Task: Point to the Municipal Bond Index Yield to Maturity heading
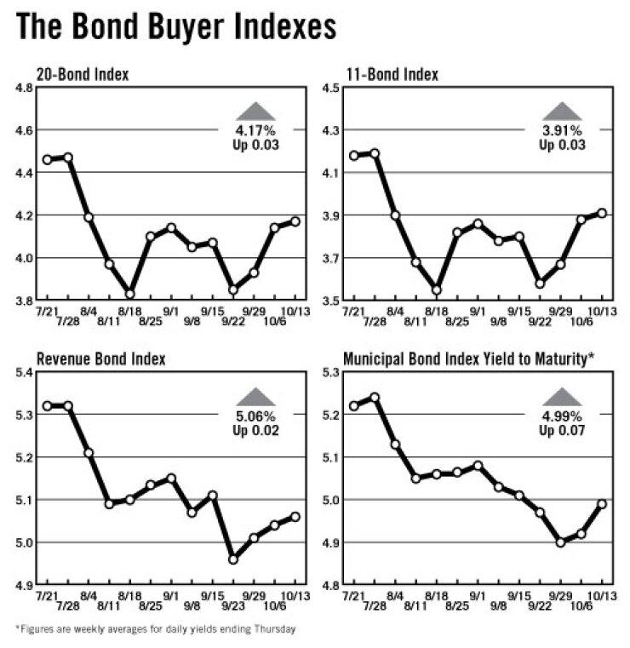467,359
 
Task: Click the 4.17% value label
256,131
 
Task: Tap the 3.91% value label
562,131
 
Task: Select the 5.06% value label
256,416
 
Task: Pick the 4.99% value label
562,416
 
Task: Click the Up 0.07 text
562,430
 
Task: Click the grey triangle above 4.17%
256,110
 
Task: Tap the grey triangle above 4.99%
562,395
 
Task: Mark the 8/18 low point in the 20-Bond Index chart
130,294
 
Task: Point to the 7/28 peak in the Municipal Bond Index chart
374,398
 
